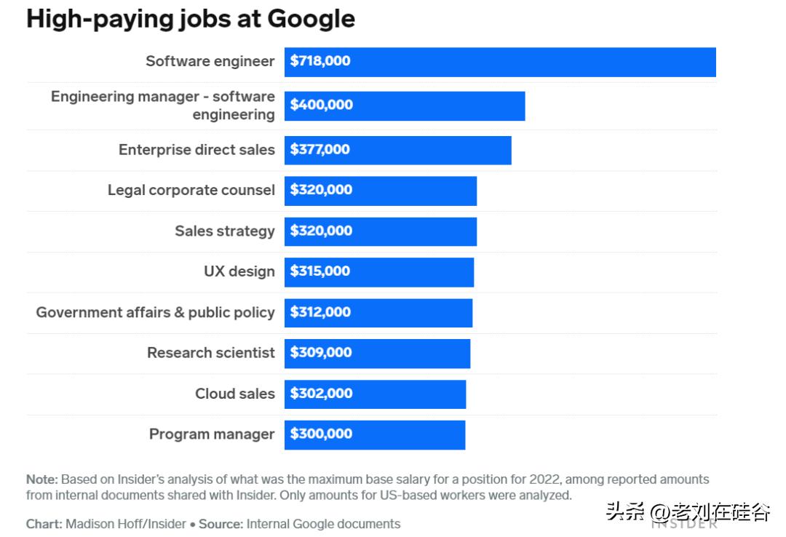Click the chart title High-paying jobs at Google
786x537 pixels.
pyautogui.click(x=191, y=19)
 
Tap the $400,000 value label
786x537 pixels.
pyautogui.click(x=321, y=105)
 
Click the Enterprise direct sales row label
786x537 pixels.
pyautogui.click(x=196, y=150)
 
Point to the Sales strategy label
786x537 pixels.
pyautogui.click(x=224, y=231)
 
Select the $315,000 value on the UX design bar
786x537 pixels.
pyautogui.click(x=319, y=271)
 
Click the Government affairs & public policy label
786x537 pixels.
pyautogui.click(x=155, y=312)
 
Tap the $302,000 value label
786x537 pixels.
pyautogui.click(x=321, y=394)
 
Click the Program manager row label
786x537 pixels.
pyautogui.click(x=212, y=434)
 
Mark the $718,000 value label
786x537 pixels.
pyautogui.click(x=319, y=61)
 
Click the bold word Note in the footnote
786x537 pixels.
pyautogui.click(x=41, y=480)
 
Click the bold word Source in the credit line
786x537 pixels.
pyautogui.click(x=221, y=524)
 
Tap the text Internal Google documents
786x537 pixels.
pyautogui.click(x=323, y=524)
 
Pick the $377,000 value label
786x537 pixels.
pyautogui.click(x=319, y=150)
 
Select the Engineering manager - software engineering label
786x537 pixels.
pyautogui.click(x=163, y=106)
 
